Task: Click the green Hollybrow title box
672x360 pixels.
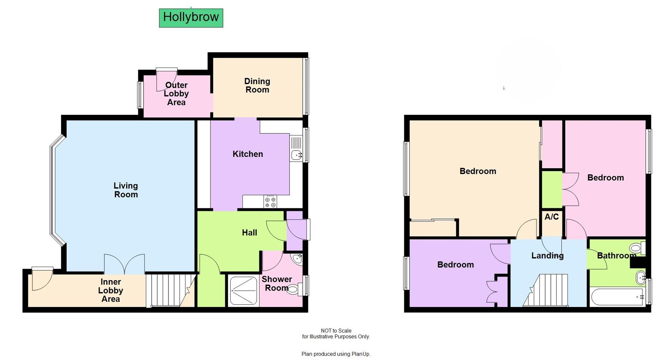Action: [x=191, y=18]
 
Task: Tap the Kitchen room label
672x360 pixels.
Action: [x=247, y=154]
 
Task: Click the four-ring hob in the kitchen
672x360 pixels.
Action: [x=270, y=202]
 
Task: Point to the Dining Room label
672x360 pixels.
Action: [x=257, y=85]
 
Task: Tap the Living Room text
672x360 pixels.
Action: [x=126, y=190]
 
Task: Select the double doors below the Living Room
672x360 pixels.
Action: [x=124, y=264]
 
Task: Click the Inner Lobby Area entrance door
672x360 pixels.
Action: [x=41, y=279]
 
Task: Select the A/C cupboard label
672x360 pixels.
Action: [x=551, y=217]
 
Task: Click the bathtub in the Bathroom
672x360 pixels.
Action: [x=617, y=297]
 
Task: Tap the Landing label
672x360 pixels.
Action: [x=547, y=256]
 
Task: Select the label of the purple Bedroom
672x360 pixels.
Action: [x=455, y=265]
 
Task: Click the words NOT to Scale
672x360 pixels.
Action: [x=336, y=331]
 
